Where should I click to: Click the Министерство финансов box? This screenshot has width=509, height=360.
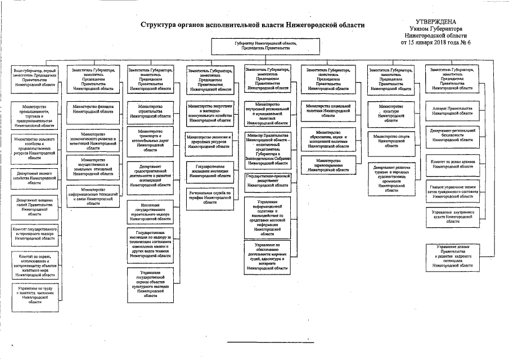[93, 108]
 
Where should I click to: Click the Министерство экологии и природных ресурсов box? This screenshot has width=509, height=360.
[210, 139]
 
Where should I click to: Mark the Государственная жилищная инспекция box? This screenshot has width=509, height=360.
[210, 171]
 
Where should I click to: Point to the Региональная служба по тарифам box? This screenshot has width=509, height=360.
[210, 196]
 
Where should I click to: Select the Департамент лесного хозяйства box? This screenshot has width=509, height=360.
[35, 178]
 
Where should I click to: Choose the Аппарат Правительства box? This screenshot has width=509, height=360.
[453, 110]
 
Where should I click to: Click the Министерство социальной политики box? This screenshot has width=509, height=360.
[328, 108]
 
